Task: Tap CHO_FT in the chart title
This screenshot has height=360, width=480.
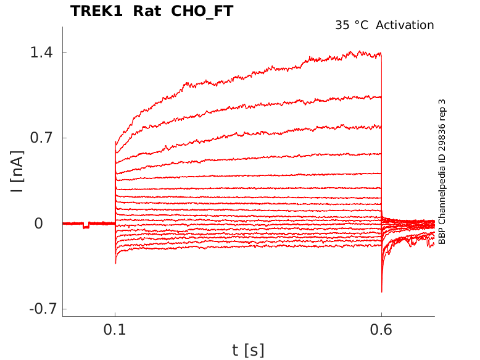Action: pyautogui.click(x=201, y=11)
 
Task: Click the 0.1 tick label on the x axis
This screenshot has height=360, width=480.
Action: pyautogui.click(x=115, y=330)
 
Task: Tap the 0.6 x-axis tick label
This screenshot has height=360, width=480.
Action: pyautogui.click(x=381, y=330)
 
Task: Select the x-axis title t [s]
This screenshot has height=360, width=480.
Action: pyautogui.click(x=248, y=350)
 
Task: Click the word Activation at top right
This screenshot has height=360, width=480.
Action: pyautogui.click(x=405, y=25)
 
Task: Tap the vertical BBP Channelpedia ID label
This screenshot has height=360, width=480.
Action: pyautogui.click(x=442, y=172)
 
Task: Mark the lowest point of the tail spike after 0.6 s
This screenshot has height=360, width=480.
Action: pyautogui.click(x=382, y=291)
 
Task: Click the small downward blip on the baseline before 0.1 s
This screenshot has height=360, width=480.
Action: pyautogui.click(x=86, y=227)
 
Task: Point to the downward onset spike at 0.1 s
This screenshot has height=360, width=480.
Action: pyautogui.click(x=115, y=263)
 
